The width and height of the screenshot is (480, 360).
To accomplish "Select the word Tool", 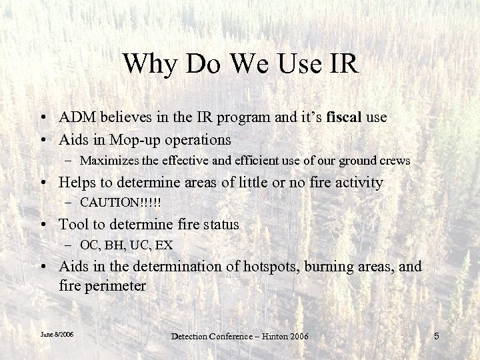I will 73,225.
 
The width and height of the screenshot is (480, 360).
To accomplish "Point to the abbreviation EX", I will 163,246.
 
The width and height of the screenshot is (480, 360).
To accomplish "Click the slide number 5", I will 437,336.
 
